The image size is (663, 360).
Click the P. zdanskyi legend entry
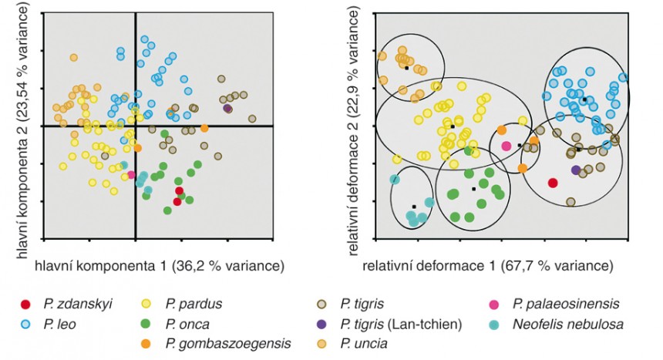66,304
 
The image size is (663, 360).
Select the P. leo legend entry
49,325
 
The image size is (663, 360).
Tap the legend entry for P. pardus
181,304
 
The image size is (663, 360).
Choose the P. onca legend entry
175,325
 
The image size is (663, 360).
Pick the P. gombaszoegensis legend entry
216,344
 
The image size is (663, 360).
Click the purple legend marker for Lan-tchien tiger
321,325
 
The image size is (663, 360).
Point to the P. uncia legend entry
352,344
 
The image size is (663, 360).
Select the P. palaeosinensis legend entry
554,304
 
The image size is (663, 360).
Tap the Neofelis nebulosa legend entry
556,325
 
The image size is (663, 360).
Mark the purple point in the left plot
227,109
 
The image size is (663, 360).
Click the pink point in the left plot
131,175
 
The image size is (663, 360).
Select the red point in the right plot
553,183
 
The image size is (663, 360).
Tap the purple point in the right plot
575,170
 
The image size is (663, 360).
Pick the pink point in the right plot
507,146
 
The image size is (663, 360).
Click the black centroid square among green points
473,189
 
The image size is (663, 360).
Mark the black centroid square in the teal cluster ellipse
414,207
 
